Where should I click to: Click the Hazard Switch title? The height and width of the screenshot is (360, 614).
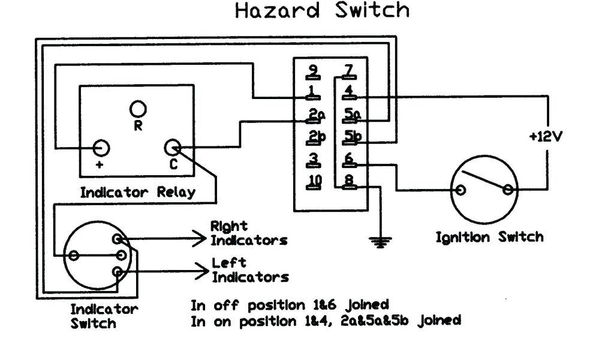coord(322,11)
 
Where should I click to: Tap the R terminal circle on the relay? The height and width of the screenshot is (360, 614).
coord(139,109)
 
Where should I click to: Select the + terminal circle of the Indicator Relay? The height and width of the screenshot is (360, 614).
coord(101,148)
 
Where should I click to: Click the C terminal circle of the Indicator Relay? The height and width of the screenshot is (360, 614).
coord(173,148)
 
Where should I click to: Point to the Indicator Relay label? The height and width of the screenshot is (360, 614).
coord(138,193)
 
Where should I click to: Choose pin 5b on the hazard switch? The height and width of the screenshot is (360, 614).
coord(351,137)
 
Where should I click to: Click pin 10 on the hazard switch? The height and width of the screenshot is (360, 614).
coord(314,181)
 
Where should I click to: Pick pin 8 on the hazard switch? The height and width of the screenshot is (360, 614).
coord(348,181)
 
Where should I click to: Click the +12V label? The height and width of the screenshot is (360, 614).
coord(546,137)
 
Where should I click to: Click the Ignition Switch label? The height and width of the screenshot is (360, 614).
coord(489,237)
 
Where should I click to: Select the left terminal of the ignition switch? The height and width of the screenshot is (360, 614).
coord(460,191)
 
